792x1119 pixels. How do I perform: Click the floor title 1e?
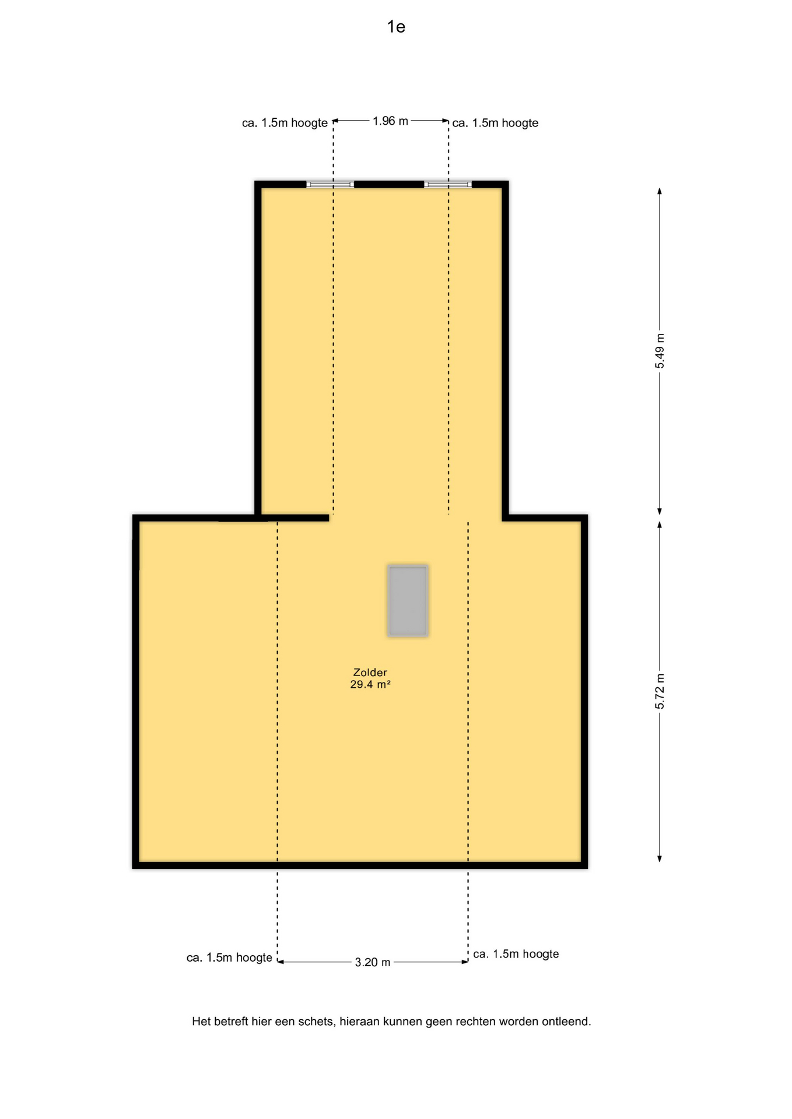(396, 27)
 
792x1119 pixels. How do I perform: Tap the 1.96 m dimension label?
(390, 121)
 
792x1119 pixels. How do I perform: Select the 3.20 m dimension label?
(372, 962)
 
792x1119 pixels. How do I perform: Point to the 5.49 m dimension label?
(660, 351)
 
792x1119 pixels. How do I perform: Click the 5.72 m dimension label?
(660, 691)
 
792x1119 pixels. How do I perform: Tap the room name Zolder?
(370, 673)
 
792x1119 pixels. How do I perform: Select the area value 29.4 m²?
(370, 685)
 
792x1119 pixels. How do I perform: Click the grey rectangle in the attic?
(408, 601)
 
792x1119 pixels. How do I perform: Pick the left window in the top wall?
(330, 184)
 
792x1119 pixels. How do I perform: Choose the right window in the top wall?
(448, 184)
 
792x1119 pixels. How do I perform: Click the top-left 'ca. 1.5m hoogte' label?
(285, 123)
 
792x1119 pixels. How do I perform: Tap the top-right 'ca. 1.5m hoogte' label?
(495, 123)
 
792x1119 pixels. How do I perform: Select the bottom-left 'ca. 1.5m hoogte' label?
(229, 958)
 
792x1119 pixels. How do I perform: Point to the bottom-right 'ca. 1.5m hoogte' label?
(516, 954)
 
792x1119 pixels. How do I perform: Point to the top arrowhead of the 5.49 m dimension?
(660, 191)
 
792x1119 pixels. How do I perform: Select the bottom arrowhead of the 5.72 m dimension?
(660, 858)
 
